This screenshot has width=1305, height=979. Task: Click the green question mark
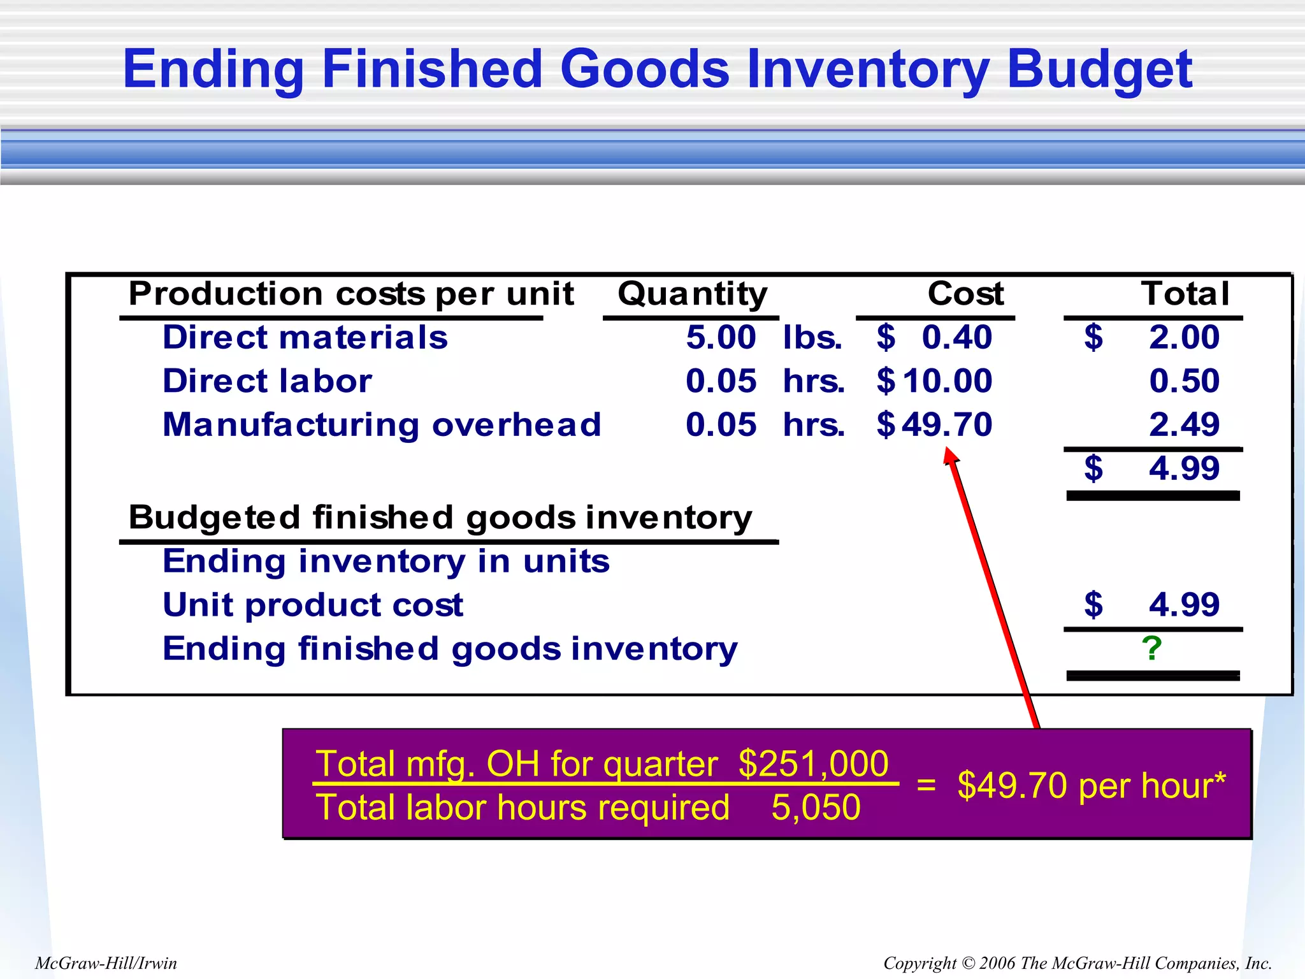1151,649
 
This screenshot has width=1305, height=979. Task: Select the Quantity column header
692,294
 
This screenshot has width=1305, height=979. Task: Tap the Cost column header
965,294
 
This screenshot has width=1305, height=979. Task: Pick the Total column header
1185,294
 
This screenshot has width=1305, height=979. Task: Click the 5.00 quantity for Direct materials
721,337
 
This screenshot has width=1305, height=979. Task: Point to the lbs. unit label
812,338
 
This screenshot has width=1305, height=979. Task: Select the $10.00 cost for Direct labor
934,381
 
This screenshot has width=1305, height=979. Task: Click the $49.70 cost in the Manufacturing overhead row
934,424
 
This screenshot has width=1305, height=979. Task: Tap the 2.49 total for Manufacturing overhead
1184,424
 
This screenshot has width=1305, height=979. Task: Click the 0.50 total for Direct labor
1184,381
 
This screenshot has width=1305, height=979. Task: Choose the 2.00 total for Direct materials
1184,337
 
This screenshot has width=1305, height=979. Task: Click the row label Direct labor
267,381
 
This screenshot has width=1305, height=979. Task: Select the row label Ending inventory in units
386,562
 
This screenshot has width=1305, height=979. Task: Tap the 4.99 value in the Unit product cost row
1184,604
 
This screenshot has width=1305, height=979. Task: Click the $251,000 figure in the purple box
813,764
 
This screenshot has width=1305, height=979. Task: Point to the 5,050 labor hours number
816,808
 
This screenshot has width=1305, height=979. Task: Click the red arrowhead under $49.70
951,455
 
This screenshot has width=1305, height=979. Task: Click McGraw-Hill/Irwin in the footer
106,963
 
